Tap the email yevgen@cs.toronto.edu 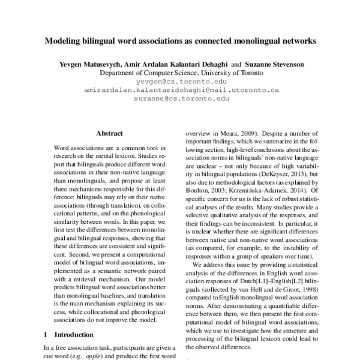pos(181,80)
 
